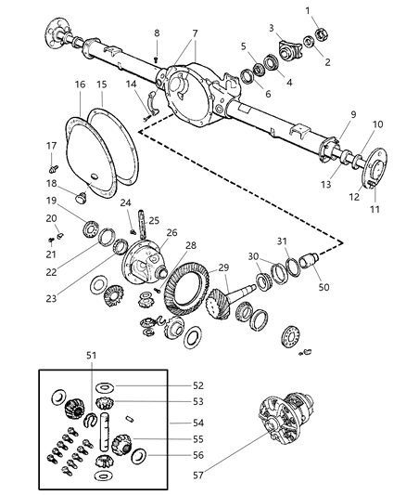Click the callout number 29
click(x=222, y=267)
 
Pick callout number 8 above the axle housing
click(x=157, y=33)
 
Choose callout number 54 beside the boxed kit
click(x=198, y=423)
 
